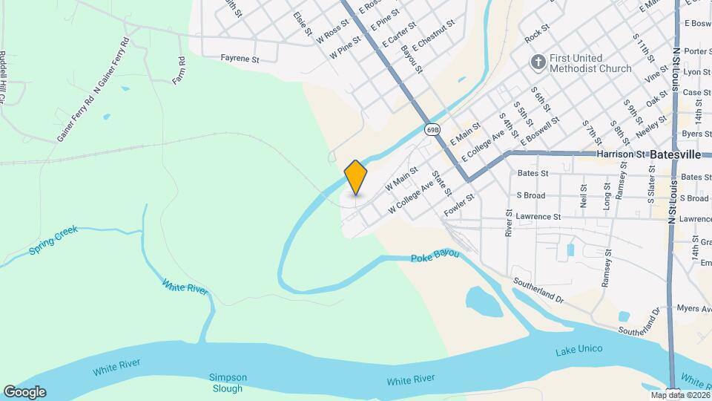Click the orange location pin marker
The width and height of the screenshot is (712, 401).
(x=356, y=177)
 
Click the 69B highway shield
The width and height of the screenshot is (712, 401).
(x=433, y=129)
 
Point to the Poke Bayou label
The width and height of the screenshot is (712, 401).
(x=435, y=256)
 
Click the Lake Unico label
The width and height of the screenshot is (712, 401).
(x=578, y=349)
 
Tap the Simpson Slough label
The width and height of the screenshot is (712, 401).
(x=226, y=382)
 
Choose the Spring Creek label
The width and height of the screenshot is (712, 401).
(x=53, y=241)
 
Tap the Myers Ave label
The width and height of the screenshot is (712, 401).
(x=693, y=307)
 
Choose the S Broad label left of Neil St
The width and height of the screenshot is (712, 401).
(x=530, y=196)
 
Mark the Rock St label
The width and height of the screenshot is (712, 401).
(x=536, y=34)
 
